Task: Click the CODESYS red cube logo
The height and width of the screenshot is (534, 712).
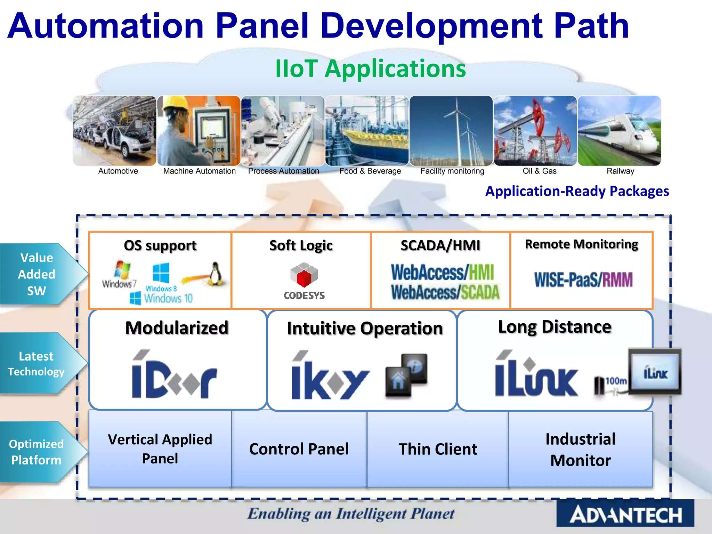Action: point(304,275)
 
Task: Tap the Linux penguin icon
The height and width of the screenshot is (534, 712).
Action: point(216,274)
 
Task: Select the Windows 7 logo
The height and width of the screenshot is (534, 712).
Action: point(120,274)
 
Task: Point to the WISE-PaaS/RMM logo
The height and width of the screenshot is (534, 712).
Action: point(583,280)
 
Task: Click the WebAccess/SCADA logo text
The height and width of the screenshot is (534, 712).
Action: point(445,292)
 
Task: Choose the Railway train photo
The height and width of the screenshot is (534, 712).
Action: point(619,131)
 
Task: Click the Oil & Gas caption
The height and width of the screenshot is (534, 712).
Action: point(540,171)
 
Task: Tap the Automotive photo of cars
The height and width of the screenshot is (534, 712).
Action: point(115,131)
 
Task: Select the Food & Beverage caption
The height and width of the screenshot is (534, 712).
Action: point(370,171)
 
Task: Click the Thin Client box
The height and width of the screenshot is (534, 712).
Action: point(438,449)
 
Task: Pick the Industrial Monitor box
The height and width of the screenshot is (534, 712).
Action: point(580,449)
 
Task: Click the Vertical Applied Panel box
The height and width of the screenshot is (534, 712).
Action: point(160,449)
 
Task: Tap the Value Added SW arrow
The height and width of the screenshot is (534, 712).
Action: point(38,274)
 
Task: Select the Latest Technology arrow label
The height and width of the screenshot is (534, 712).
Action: point(36,364)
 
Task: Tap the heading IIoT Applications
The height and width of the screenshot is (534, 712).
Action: point(370,68)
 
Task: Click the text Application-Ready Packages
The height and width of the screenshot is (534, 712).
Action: point(577,191)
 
